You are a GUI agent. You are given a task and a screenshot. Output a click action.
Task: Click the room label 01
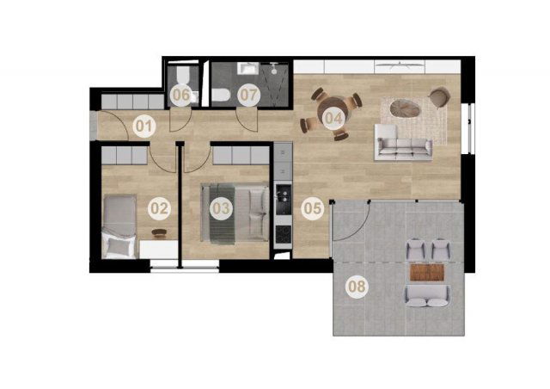point(144,126)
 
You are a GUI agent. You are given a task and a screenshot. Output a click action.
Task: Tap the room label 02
point(159,209)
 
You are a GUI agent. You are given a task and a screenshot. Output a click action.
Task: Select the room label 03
point(221,208)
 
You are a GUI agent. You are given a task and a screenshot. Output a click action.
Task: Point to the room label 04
point(333,118)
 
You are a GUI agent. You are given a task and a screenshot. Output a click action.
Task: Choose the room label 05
point(313,208)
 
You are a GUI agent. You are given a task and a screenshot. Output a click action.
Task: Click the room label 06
point(181,95)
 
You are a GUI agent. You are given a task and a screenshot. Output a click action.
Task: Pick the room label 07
point(248,95)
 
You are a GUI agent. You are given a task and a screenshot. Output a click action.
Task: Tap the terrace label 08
point(357,287)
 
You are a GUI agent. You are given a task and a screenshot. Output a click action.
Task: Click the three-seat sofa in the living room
point(403,142)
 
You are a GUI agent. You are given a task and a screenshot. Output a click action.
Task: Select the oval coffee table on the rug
point(405,108)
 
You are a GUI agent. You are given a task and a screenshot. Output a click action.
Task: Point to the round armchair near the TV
point(439,97)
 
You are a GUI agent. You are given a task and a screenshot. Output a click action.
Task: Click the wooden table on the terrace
point(427,272)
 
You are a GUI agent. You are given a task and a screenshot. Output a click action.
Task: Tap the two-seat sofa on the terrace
point(428,296)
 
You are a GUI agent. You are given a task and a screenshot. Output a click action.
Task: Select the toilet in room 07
point(221,95)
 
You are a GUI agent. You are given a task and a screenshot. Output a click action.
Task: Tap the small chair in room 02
point(160,232)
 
